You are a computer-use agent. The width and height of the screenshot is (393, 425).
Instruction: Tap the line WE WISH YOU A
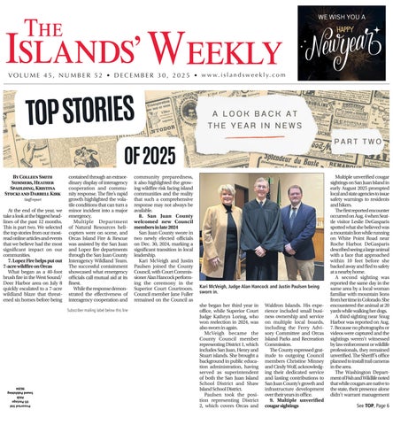point(342,14)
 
